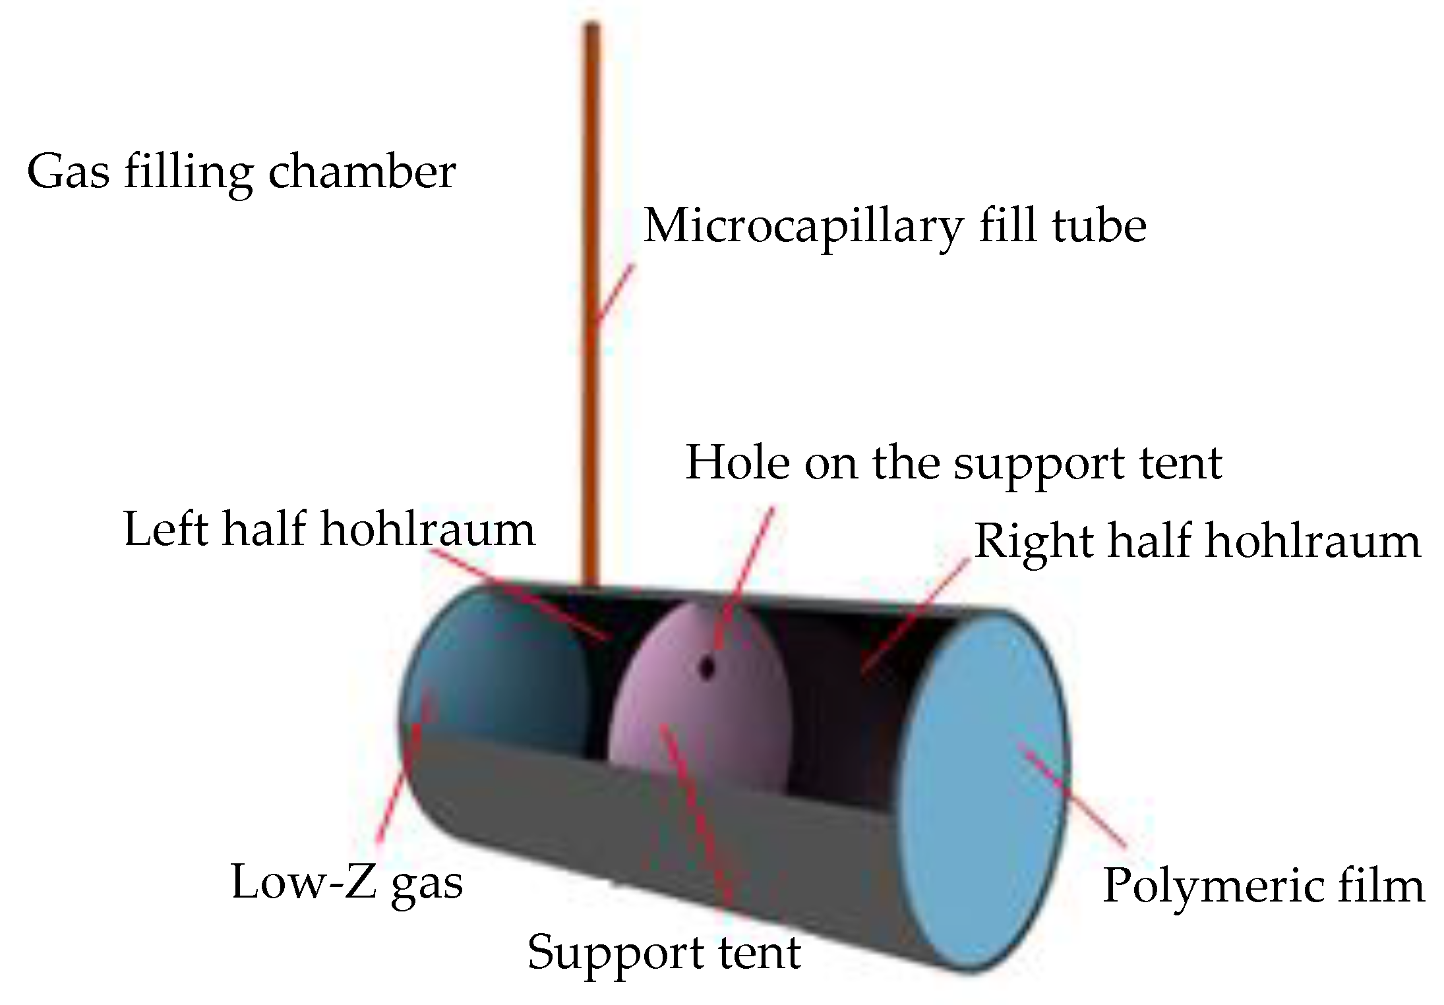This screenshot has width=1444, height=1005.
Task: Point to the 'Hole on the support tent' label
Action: click(x=954, y=463)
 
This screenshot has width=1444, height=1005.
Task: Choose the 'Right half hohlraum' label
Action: click(x=1197, y=541)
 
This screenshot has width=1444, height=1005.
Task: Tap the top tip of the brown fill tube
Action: click(x=591, y=28)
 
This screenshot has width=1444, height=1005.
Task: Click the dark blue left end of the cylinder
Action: click(x=488, y=666)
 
